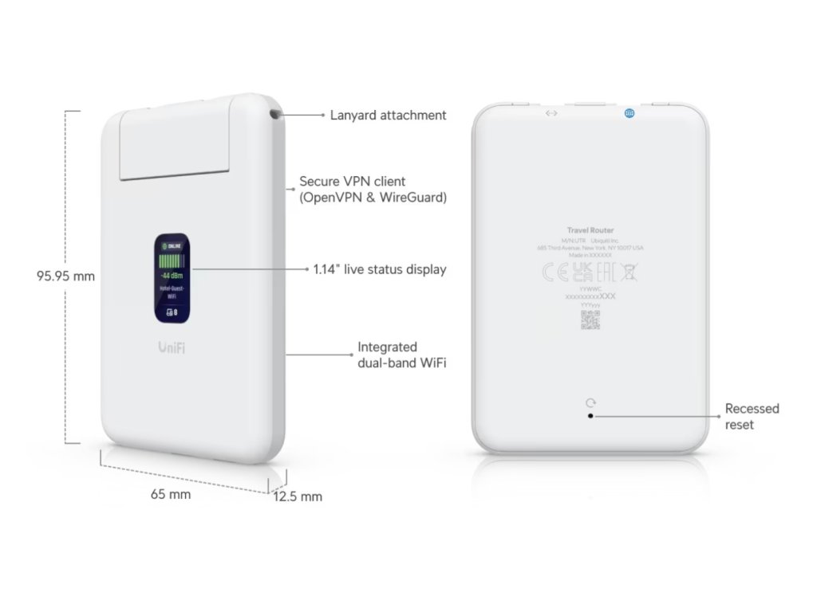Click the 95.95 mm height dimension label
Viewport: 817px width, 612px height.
click(65, 277)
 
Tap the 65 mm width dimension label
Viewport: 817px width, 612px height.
click(171, 494)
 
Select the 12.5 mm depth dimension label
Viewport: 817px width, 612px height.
click(298, 496)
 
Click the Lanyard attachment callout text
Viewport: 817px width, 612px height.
click(388, 115)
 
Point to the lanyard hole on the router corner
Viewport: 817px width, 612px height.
click(276, 114)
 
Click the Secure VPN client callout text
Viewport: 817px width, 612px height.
click(372, 190)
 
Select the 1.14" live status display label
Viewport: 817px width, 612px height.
click(380, 269)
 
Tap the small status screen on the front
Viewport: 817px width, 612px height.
click(173, 278)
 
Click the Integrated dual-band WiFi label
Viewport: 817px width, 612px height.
click(401, 355)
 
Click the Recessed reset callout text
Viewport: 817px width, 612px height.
click(752, 416)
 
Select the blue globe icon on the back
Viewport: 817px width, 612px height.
click(630, 114)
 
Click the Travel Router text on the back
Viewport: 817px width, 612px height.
click(590, 229)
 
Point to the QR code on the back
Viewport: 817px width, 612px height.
click(590, 320)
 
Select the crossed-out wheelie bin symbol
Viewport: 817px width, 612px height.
click(629, 272)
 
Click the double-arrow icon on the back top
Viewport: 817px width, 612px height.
click(551, 113)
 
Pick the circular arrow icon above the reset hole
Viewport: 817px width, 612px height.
click(590, 403)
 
